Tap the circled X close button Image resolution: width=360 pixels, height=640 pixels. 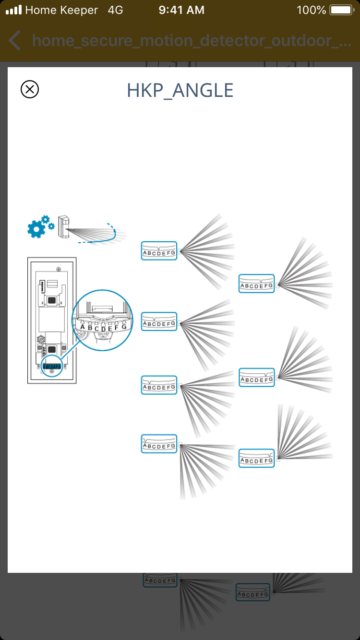pos(30,90)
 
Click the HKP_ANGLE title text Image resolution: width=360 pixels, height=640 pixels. pos(180,90)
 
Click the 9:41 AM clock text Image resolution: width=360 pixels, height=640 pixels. pos(181,10)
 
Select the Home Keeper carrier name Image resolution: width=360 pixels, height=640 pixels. pos(61,10)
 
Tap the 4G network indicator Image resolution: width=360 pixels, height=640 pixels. pos(116,10)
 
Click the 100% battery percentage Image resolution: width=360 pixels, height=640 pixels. pos(311,10)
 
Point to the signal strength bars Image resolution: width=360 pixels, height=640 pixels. pos(13,10)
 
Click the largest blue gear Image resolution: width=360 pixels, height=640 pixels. pos(36,229)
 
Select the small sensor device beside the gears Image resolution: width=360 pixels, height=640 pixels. pos(63,226)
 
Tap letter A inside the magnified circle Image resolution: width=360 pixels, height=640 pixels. pos(83,327)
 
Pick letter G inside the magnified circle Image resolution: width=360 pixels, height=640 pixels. pos(124,327)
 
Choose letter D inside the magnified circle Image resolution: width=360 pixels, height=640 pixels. pos(103,329)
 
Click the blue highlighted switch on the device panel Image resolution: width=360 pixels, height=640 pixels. pos(51,367)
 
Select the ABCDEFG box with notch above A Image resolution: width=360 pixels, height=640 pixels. pos(159,444)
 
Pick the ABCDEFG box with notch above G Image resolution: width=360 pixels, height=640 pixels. pos(257,458)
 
